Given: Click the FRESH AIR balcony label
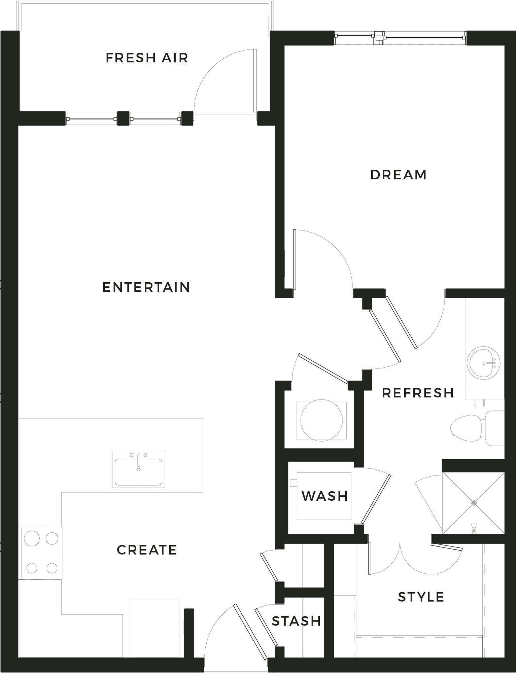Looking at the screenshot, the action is pos(147,58).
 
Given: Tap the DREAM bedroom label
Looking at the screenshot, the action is pos(399,175).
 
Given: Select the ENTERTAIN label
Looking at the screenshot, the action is pos(146,287).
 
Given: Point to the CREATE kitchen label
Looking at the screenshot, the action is pos(147,550).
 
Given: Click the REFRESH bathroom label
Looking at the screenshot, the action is pos(418,393).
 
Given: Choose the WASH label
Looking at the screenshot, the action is pos(325,496).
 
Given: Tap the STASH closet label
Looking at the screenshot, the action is pos(296,621).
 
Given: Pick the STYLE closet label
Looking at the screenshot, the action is pos(421,597).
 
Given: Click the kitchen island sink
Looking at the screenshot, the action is pos(138,469).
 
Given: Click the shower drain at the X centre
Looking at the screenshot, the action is pos(474,503).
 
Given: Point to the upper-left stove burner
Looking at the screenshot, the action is pos(32,538).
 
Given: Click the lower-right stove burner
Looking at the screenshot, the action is pos(52,568).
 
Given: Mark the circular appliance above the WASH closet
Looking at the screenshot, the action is pos(321,420).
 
